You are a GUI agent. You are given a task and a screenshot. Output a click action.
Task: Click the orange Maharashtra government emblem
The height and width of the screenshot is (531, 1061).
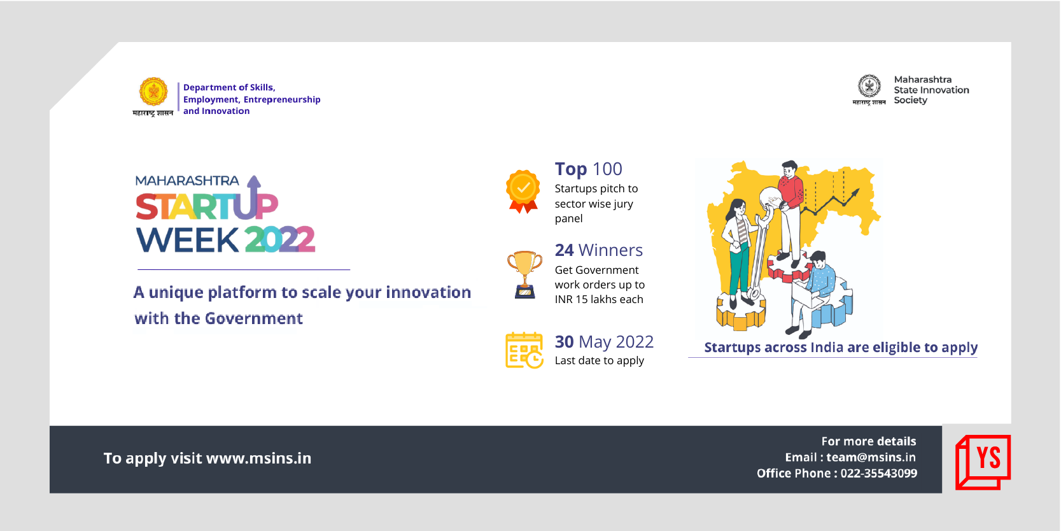click(153, 92)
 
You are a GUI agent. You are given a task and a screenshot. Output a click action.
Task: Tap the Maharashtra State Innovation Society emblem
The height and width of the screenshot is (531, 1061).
click(869, 87)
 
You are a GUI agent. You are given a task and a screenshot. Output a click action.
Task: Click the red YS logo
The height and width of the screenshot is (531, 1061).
click(983, 462)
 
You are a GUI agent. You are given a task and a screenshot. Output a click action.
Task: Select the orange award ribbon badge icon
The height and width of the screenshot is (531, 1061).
click(523, 192)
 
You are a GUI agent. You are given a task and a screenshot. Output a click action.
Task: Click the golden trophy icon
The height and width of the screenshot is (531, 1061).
click(524, 274)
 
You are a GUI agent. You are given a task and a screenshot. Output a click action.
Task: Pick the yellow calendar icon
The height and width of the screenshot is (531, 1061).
click(524, 350)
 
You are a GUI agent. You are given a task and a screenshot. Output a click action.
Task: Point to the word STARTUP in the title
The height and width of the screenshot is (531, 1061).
click(206, 206)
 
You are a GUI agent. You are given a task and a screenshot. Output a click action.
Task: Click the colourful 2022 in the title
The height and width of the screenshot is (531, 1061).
click(280, 239)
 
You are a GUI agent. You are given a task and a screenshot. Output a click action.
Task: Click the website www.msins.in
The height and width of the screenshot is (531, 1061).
click(258, 458)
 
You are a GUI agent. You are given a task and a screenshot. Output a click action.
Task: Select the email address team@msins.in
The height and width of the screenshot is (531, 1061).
click(871, 457)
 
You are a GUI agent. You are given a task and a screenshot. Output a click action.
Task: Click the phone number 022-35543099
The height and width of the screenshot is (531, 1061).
click(878, 473)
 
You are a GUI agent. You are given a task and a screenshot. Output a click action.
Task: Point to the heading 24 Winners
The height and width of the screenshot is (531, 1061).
click(599, 250)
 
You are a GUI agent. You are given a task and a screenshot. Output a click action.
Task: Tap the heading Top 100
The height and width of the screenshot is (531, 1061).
click(588, 169)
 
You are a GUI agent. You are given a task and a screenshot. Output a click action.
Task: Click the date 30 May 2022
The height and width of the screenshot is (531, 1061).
click(604, 341)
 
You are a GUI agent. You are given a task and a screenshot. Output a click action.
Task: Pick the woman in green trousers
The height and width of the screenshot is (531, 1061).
click(739, 253)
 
